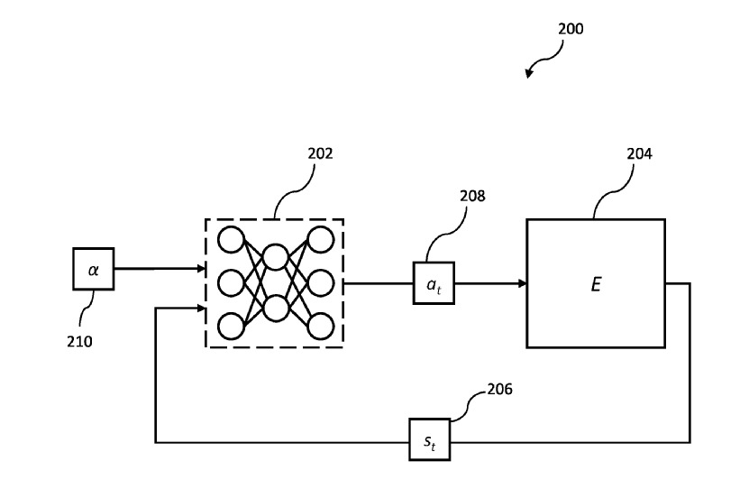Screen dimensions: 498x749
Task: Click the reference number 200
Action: (x=571, y=29)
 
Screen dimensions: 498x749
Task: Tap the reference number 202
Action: (x=320, y=153)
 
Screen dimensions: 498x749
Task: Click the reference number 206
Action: (x=500, y=389)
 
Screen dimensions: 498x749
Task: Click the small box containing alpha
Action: (x=93, y=269)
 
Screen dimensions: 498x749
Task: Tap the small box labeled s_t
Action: (x=429, y=439)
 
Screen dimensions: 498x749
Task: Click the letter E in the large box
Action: (x=596, y=283)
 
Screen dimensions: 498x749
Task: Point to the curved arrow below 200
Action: (x=540, y=65)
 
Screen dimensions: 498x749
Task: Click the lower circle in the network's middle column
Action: (x=276, y=307)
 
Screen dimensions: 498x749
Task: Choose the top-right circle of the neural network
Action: (x=320, y=240)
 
